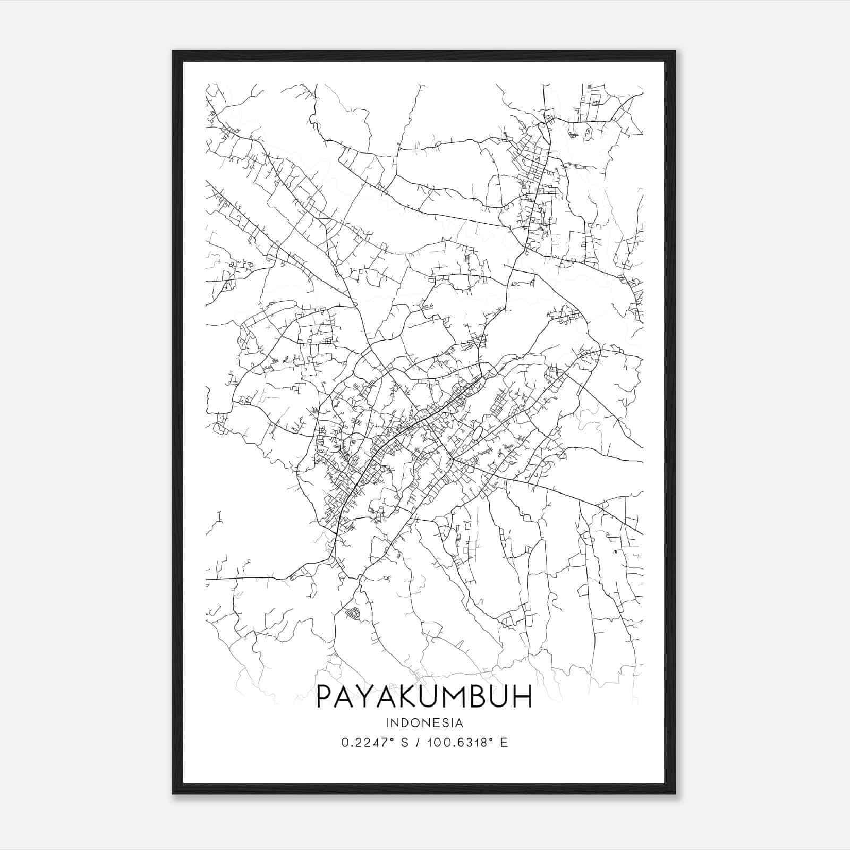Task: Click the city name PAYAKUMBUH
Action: coord(424,696)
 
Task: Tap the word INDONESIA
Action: coord(424,723)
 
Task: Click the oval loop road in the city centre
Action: coord(477,433)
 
